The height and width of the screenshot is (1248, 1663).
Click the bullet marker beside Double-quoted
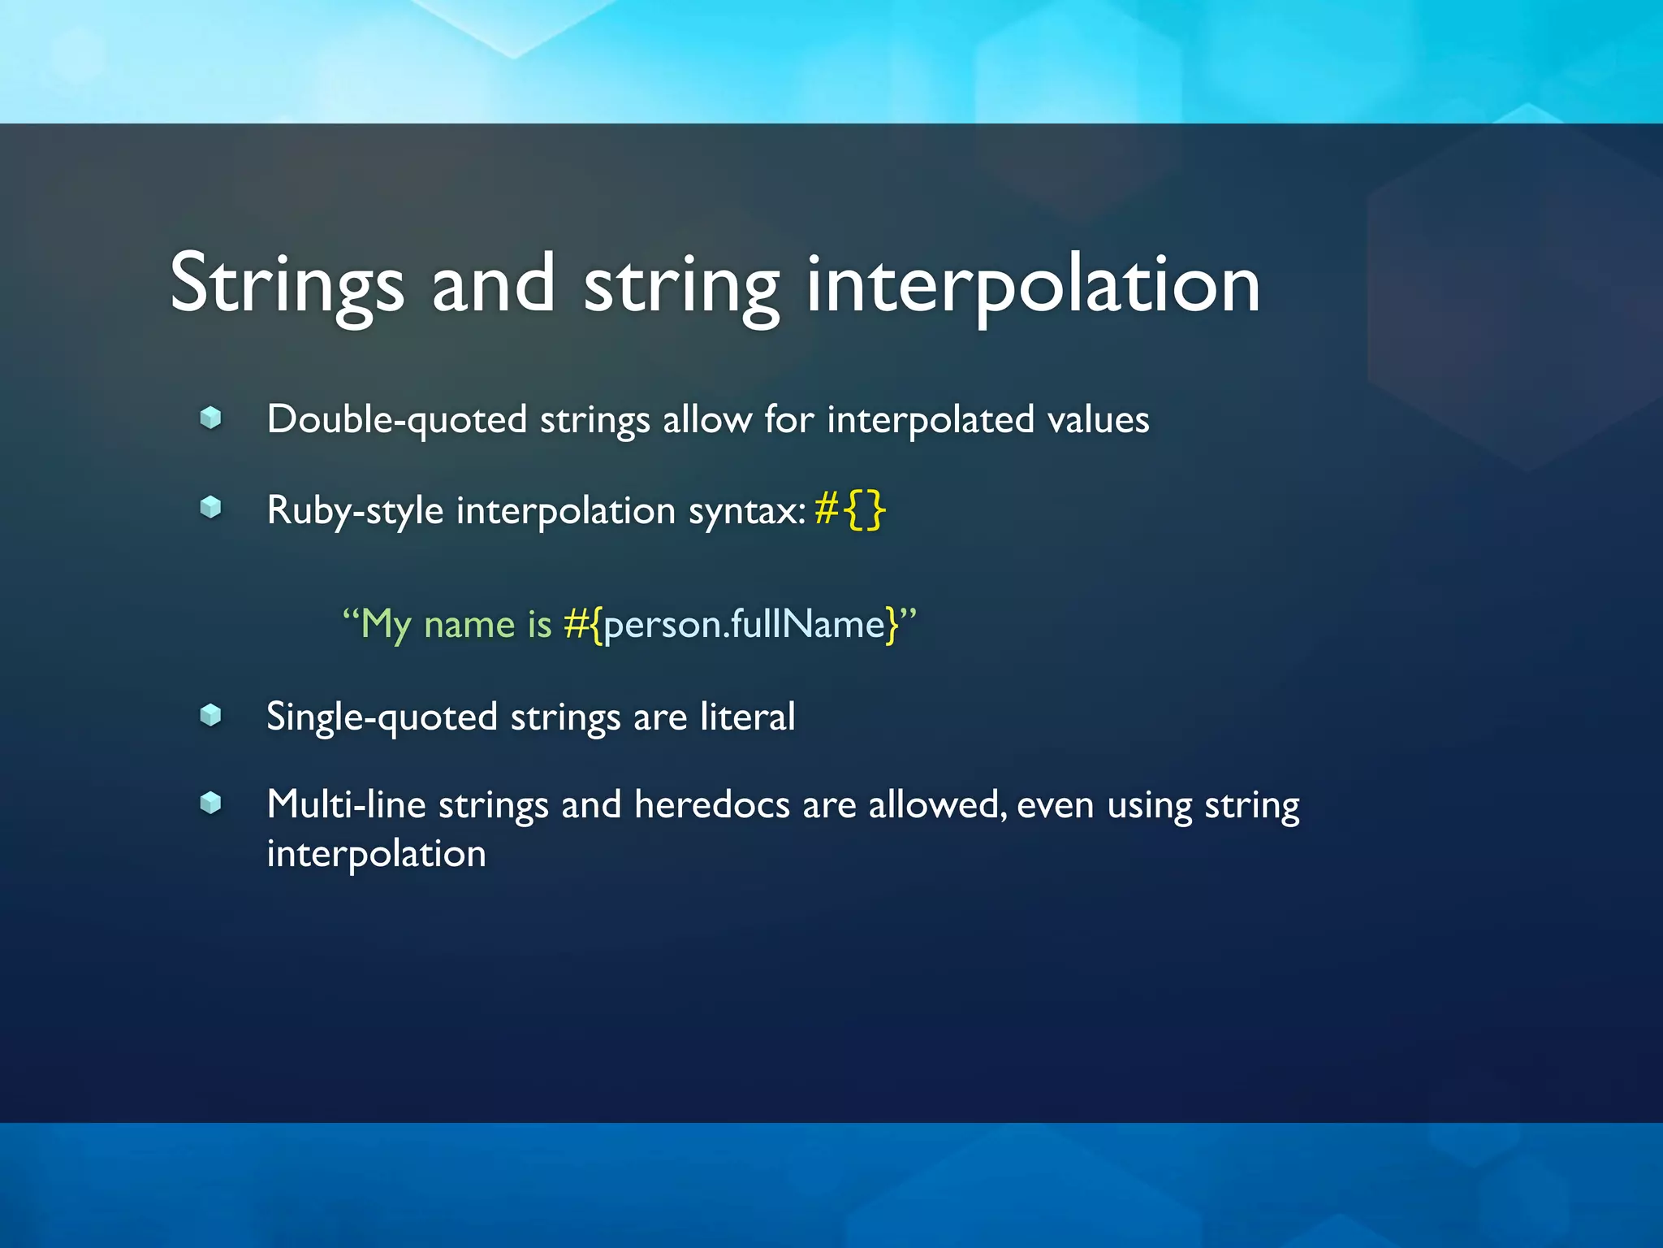(x=210, y=418)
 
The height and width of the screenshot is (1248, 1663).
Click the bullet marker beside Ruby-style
(x=210, y=508)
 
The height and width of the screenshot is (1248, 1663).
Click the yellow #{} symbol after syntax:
(x=849, y=510)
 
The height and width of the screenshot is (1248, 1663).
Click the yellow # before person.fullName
(x=576, y=625)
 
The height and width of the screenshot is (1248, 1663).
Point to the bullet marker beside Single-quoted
(x=210, y=715)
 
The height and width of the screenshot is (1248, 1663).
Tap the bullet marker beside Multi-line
(x=210, y=803)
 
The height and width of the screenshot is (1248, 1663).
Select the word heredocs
(x=712, y=805)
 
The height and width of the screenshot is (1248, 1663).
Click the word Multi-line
(x=346, y=805)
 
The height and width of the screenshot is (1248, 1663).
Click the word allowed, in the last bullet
(x=938, y=805)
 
